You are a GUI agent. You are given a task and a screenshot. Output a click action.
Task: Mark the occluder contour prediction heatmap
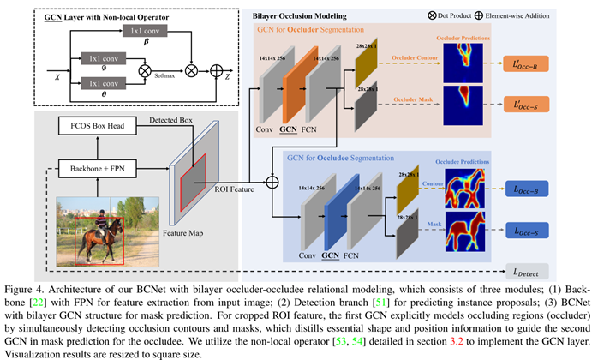click(463, 61)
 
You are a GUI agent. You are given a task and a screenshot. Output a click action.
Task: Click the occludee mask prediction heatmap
click(463, 232)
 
